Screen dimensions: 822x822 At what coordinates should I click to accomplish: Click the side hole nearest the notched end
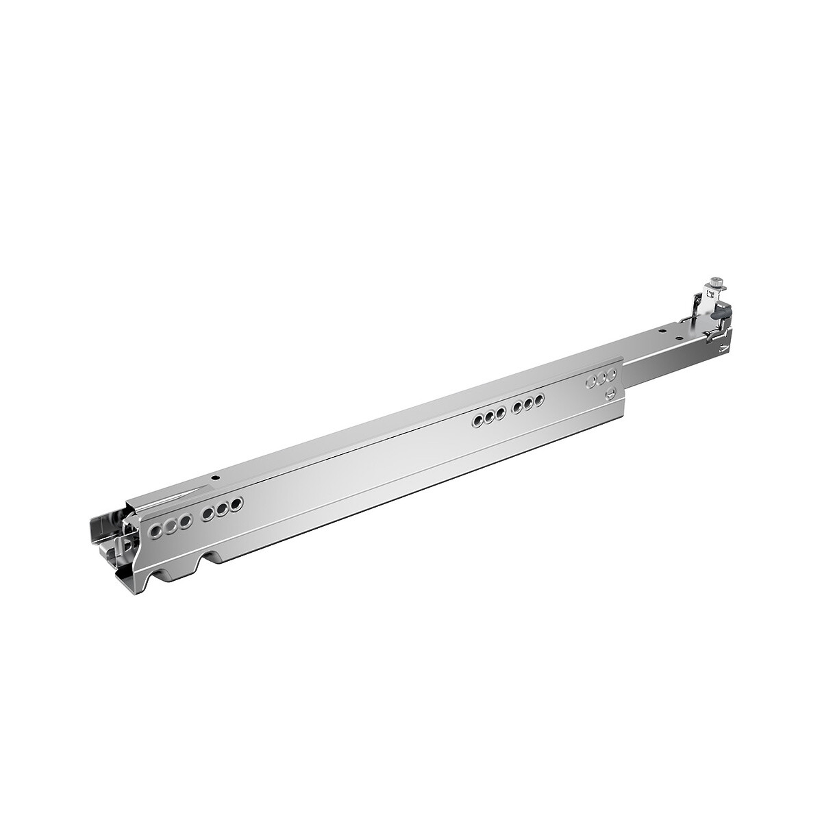point(156,530)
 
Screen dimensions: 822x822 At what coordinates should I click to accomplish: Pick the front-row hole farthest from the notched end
point(238,503)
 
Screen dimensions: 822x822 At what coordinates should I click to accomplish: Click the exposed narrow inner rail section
point(658,349)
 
